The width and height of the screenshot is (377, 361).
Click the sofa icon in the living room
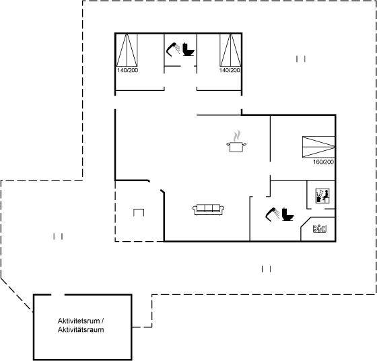[x=209, y=209]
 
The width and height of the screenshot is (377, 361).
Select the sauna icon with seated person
[x=322, y=196]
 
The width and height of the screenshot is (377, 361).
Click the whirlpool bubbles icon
[x=319, y=229]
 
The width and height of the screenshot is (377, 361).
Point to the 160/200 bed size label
[x=323, y=162]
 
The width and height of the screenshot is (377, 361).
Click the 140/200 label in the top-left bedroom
[x=128, y=70]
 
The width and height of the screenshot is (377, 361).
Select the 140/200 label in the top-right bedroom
[x=230, y=70]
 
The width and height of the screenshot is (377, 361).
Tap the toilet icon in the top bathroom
[x=188, y=49]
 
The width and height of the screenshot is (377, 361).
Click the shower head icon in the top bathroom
[x=173, y=49]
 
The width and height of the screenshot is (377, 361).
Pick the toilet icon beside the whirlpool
[x=287, y=214]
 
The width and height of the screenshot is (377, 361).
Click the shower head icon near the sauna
[x=273, y=214]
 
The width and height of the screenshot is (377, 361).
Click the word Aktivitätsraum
[x=81, y=329]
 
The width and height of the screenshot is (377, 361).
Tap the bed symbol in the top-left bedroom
[x=127, y=50]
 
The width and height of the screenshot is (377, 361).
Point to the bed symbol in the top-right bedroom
[x=230, y=50]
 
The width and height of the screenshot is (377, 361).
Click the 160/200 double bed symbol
[x=318, y=147]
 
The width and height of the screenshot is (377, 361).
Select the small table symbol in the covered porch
[x=139, y=213]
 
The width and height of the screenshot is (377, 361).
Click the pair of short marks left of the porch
[x=58, y=236]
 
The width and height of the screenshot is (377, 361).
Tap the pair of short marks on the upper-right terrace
[x=301, y=59]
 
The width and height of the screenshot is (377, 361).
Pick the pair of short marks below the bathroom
[x=266, y=269]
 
